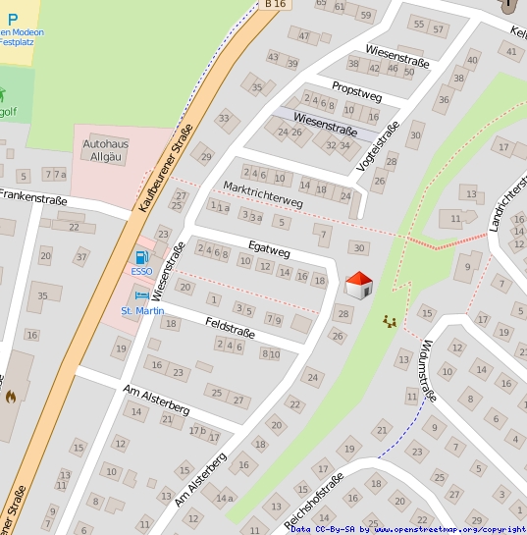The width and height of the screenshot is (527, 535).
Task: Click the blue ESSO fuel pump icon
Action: click(140, 258)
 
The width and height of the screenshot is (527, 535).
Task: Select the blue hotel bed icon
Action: click(141, 295)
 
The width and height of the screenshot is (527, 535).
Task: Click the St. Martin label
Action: click(142, 311)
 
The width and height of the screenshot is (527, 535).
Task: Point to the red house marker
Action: click(358, 285)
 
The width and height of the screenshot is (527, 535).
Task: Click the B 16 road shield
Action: click(275, 5)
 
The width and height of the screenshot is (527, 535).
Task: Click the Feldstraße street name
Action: click(230, 327)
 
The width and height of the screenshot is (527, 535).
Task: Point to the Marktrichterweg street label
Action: click(263, 193)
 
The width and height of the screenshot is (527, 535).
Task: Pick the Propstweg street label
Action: click(356, 89)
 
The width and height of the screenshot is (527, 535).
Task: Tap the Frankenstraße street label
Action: click(33, 199)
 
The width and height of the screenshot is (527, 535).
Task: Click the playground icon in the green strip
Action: click(390, 321)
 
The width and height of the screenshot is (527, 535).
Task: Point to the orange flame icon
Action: click(11, 398)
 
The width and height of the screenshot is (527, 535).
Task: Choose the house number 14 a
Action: click(225, 498)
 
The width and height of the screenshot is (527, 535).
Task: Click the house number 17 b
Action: click(197, 430)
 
